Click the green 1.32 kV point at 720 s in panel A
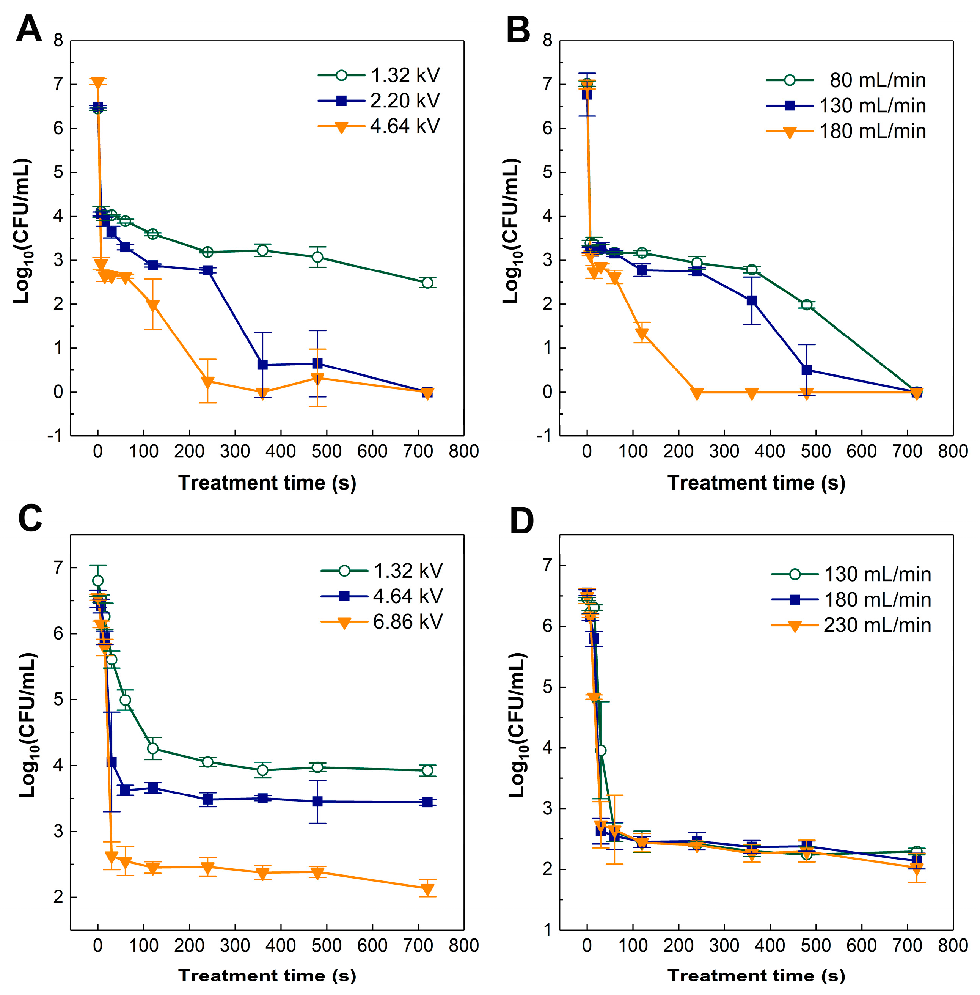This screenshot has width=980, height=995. click(x=427, y=283)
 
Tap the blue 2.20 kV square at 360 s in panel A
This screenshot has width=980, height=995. click(x=262, y=365)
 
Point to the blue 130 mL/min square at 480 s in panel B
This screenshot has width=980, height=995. click(x=807, y=370)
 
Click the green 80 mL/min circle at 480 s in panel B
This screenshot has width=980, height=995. click(x=807, y=305)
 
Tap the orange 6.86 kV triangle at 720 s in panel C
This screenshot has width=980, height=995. click(x=427, y=889)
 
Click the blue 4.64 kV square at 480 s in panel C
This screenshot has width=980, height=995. click(x=317, y=802)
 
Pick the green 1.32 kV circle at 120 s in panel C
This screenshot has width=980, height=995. click(x=152, y=748)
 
